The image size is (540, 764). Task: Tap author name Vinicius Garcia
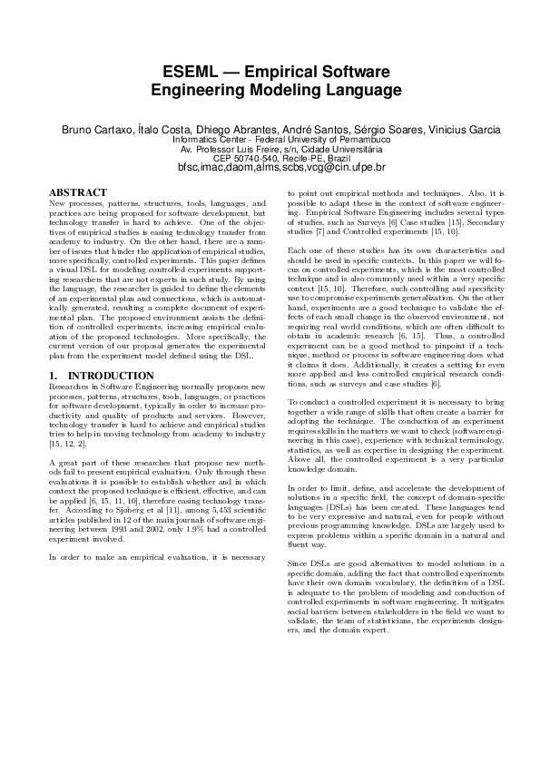pyautogui.click(x=449, y=131)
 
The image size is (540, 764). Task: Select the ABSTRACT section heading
pyautogui.click(x=78, y=193)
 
